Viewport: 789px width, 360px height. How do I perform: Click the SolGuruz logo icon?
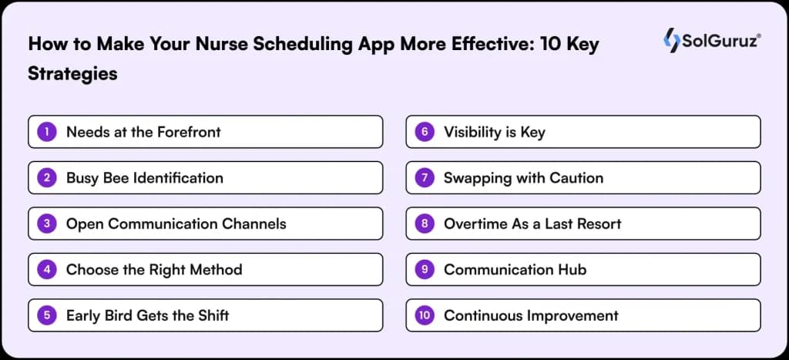pos(671,42)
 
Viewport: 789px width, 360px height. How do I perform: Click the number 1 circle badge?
pos(48,132)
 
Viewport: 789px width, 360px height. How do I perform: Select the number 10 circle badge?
pos(425,315)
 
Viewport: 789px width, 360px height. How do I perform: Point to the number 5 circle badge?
pos(48,315)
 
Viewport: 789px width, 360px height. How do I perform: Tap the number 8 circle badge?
pos(425,224)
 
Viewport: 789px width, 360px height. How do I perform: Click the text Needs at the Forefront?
pos(143,132)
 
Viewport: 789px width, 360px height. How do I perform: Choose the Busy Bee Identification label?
pos(144,178)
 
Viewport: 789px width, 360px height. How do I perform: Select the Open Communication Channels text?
pos(176,224)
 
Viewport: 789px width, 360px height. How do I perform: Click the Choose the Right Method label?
pos(154,270)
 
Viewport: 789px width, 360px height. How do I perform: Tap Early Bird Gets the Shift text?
pos(147,315)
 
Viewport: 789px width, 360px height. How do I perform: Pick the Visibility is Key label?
pos(494,132)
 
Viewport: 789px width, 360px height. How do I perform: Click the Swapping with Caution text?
pos(523,178)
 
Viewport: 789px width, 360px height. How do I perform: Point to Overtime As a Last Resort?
pos(532,224)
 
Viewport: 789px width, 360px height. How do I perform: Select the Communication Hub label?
pos(515,270)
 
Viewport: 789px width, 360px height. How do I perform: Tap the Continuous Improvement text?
pos(531,315)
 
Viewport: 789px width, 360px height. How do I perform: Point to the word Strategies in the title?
pos(72,73)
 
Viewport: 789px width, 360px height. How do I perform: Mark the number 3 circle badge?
pos(48,224)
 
